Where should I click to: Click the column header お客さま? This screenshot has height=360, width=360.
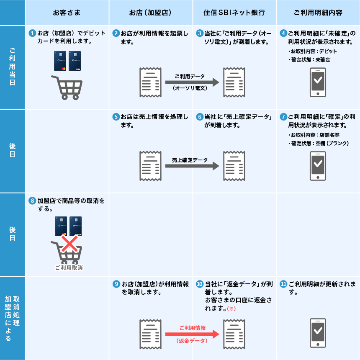[x=67, y=13]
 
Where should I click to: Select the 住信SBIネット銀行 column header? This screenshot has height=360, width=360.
[x=234, y=13]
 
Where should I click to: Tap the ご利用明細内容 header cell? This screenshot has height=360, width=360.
[x=318, y=13]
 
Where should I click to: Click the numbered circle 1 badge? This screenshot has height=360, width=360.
[x=32, y=33]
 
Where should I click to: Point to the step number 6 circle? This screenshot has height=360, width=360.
[x=200, y=117]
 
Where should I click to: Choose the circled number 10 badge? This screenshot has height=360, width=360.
[x=200, y=284]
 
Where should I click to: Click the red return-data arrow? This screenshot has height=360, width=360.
[x=192, y=334]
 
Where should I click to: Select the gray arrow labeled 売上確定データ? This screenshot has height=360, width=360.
[x=192, y=166]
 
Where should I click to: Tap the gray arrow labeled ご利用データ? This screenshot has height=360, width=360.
[x=192, y=82]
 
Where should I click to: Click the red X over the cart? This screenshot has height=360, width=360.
[x=69, y=244]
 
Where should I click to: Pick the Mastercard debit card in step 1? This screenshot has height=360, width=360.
[x=60, y=61]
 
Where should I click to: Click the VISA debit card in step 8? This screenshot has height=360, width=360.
[x=75, y=226]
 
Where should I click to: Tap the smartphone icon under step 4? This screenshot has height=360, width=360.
[x=318, y=82]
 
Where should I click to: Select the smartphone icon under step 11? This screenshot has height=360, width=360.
[x=318, y=333]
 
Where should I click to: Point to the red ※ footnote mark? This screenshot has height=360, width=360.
[x=231, y=309]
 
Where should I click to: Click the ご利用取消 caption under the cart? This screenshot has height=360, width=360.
[x=69, y=268]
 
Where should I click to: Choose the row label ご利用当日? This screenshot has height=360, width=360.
[x=13, y=67]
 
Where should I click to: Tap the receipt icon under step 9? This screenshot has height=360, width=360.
[x=151, y=334]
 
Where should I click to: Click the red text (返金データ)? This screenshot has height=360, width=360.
[x=192, y=341]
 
